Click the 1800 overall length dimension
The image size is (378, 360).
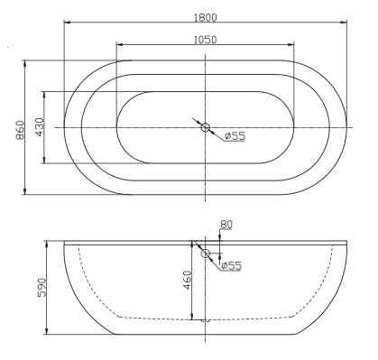click(x=206, y=15)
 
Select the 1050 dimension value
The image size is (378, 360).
click(x=206, y=39)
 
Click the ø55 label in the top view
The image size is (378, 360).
click(x=235, y=136)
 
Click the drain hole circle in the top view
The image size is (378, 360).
click(x=206, y=128)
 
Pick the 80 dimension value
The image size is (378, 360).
click(x=226, y=225)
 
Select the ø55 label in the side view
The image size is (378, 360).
click(x=231, y=265)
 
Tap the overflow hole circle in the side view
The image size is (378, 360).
click(x=206, y=255)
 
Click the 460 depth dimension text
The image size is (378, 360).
click(x=186, y=280)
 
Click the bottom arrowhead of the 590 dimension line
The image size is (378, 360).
click(x=51, y=332)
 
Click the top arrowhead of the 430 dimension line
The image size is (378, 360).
click(x=44, y=94)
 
